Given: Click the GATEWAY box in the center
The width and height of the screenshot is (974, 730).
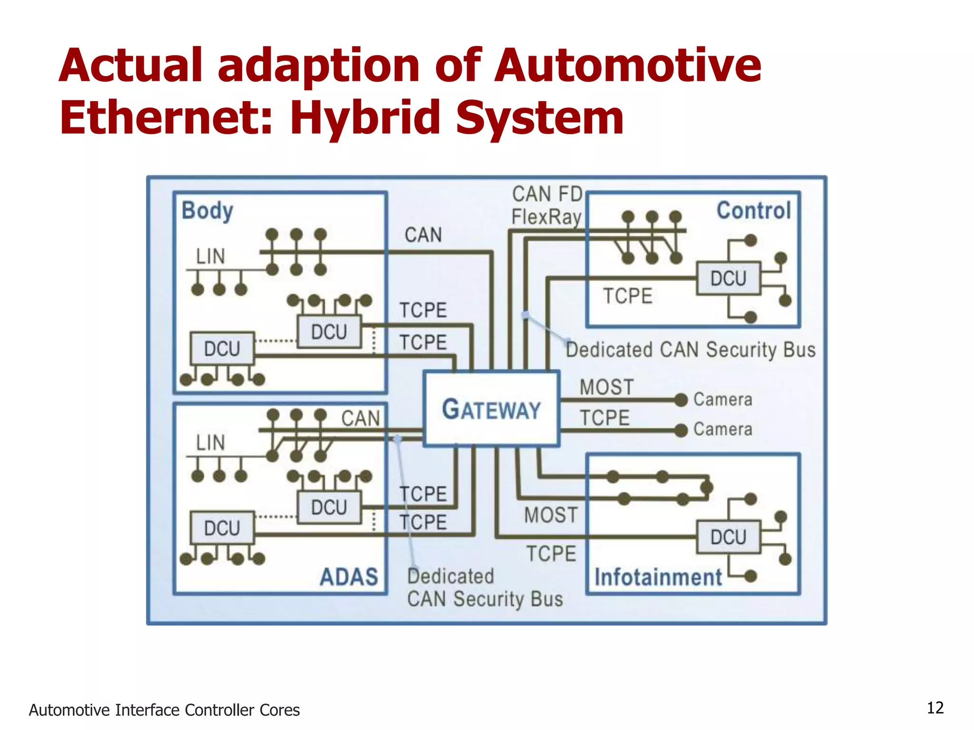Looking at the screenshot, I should pos(491,409).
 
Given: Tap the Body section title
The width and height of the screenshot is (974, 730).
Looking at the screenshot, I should pos(207,211).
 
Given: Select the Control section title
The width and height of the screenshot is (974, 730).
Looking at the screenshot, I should pos(753,211).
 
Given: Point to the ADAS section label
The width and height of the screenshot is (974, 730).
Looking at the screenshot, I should pos(349,577).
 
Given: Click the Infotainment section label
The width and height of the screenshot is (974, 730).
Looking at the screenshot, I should pos(658,577).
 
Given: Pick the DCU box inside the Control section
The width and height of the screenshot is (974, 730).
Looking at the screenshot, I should pos(728,279).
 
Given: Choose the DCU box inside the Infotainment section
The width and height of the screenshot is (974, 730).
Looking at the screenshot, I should pos(728,537).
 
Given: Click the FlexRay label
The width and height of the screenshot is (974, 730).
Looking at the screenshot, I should pos(546,217).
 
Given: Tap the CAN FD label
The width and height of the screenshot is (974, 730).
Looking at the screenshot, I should pos(547,194).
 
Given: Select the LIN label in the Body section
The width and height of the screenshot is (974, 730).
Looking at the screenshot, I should pos(210,257).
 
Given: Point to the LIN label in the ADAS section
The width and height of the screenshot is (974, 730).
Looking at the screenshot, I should pos(210,443).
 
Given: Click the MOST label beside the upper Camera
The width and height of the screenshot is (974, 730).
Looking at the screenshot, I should pos(606,387).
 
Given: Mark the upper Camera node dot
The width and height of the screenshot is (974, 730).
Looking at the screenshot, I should pos(681,400).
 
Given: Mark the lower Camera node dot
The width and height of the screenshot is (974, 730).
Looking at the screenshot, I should pos(681,430).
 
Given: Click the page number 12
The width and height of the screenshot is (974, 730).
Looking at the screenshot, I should pos(935,708).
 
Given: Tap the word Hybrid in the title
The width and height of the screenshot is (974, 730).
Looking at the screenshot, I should pos(365,117).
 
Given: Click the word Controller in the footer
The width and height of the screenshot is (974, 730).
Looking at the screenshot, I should pos(220,710).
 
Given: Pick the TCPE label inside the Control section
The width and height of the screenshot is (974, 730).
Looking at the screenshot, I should pos(627,296).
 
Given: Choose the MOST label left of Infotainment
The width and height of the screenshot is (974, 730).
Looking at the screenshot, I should pos(551,515).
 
